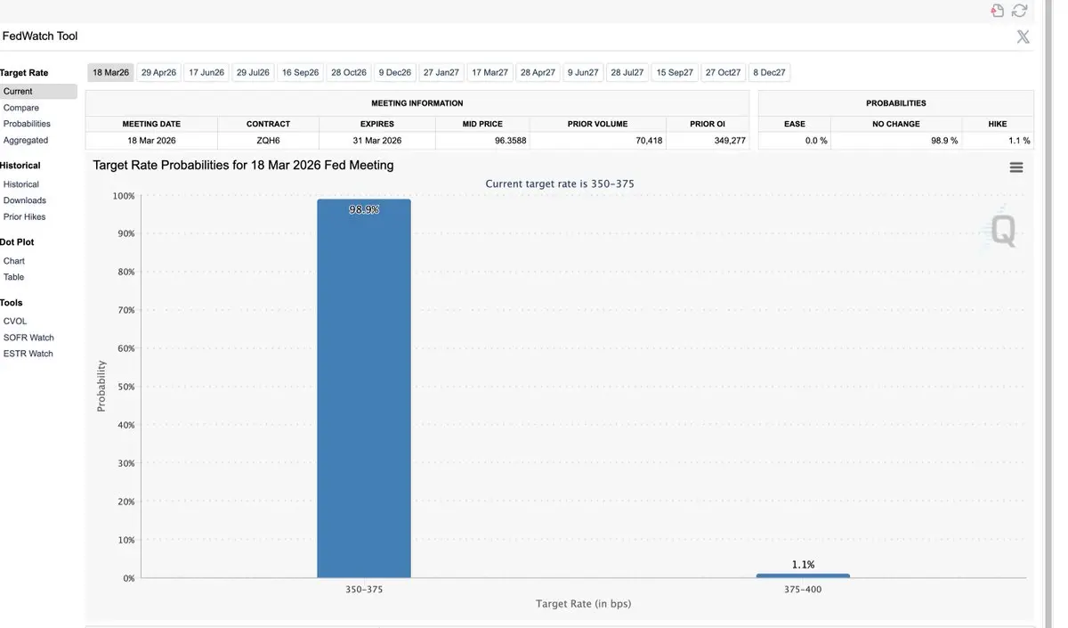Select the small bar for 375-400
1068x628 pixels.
click(803, 575)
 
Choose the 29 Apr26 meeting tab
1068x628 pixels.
click(158, 73)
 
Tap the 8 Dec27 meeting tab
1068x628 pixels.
click(769, 73)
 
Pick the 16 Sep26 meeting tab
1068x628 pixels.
click(300, 73)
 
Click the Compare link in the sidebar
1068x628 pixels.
click(21, 108)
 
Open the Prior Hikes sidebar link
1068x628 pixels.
click(24, 216)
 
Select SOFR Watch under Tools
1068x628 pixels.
click(28, 338)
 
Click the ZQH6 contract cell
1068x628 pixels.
click(268, 141)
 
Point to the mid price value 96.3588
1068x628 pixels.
click(510, 141)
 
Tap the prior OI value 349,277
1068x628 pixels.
click(730, 141)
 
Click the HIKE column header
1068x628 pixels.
click(998, 124)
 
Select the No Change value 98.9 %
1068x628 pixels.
click(944, 141)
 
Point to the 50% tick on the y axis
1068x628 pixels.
click(125, 387)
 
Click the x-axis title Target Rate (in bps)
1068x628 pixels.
click(583, 604)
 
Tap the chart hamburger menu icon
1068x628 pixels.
click(1016, 167)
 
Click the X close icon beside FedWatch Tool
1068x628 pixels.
click(1023, 37)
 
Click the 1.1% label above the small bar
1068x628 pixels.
click(803, 565)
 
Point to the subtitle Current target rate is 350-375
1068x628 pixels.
click(560, 184)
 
